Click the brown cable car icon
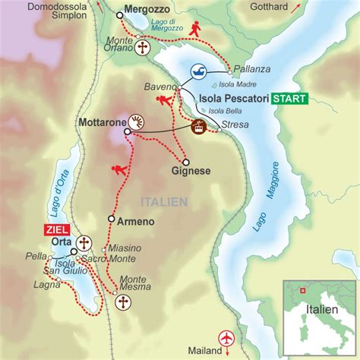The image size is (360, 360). pos(200,127)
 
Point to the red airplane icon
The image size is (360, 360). pos(226,336)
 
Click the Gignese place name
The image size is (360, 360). pos(191,172)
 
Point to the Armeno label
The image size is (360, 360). pos(136,221)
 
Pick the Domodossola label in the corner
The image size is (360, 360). pos(36,5)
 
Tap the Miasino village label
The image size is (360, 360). pos(124,248)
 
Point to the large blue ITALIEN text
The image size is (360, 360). pos(163,201)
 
